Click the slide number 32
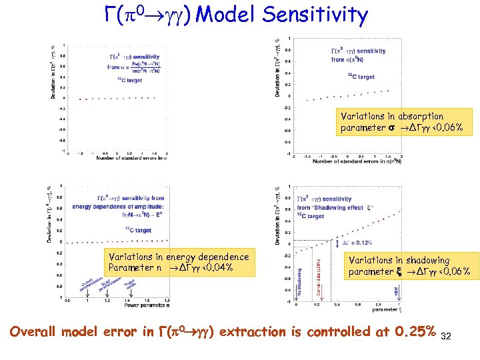click(x=446, y=336)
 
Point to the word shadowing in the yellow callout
click(x=422, y=260)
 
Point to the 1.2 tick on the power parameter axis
click(x=107, y=301)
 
